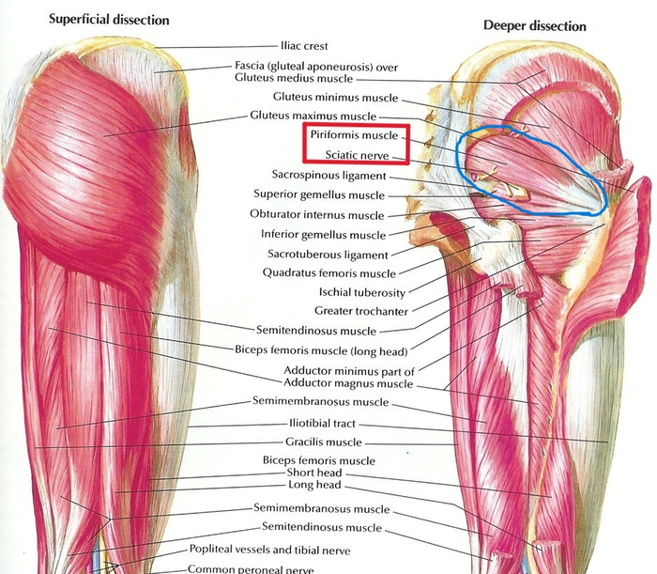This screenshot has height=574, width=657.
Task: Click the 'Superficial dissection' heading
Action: point(109,20)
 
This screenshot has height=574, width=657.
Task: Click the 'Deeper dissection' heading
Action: point(535,26)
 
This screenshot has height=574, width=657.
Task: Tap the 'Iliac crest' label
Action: point(304,46)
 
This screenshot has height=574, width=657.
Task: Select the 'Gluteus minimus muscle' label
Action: point(336,98)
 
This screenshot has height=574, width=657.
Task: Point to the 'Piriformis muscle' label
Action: point(354,135)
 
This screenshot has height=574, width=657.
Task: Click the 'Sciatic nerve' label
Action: point(357,155)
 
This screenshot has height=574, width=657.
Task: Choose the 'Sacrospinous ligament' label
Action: point(328,175)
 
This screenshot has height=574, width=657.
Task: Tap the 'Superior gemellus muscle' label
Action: point(319,194)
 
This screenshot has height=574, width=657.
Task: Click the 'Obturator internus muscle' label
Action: point(317,215)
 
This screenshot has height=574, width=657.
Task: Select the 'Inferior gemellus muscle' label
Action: point(323,234)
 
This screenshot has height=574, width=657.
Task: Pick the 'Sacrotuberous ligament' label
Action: point(328,255)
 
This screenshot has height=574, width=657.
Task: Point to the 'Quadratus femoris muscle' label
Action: point(329,273)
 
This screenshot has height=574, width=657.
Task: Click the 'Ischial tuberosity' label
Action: point(362,292)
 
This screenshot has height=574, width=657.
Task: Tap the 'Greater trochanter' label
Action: point(361,311)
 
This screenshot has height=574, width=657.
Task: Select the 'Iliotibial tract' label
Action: point(322,424)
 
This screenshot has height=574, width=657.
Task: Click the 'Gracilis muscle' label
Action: point(324,442)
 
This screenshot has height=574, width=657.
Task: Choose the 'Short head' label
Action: point(314,473)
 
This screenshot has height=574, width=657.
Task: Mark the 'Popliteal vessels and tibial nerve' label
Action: point(270,550)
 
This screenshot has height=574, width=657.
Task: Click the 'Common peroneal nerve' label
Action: point(251,569)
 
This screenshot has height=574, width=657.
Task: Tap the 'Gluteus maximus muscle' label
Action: point(313,116)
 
